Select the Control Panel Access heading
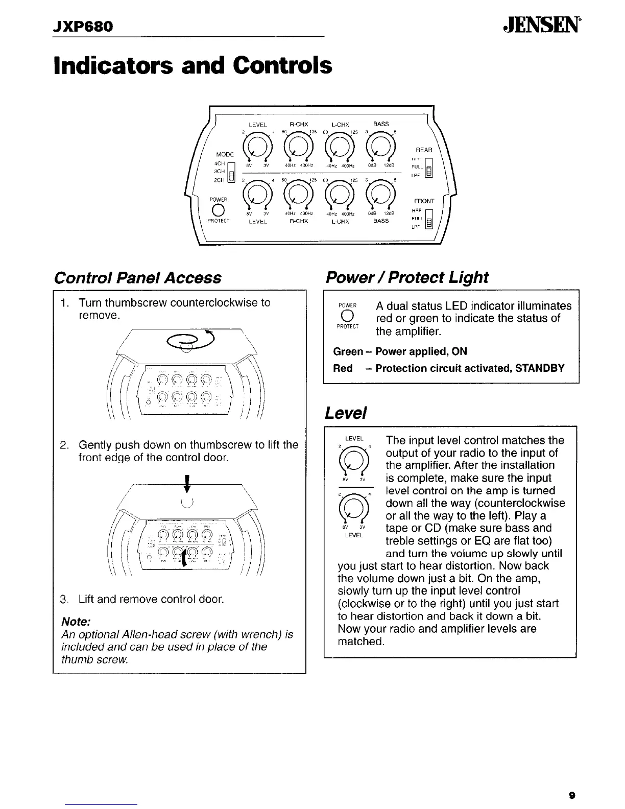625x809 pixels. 137,278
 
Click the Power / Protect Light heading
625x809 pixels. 407,277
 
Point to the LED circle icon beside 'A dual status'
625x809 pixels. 347,317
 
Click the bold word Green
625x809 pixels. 347,351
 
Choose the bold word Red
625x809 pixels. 343,368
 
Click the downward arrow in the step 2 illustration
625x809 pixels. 188,483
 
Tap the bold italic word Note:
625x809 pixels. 76,622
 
